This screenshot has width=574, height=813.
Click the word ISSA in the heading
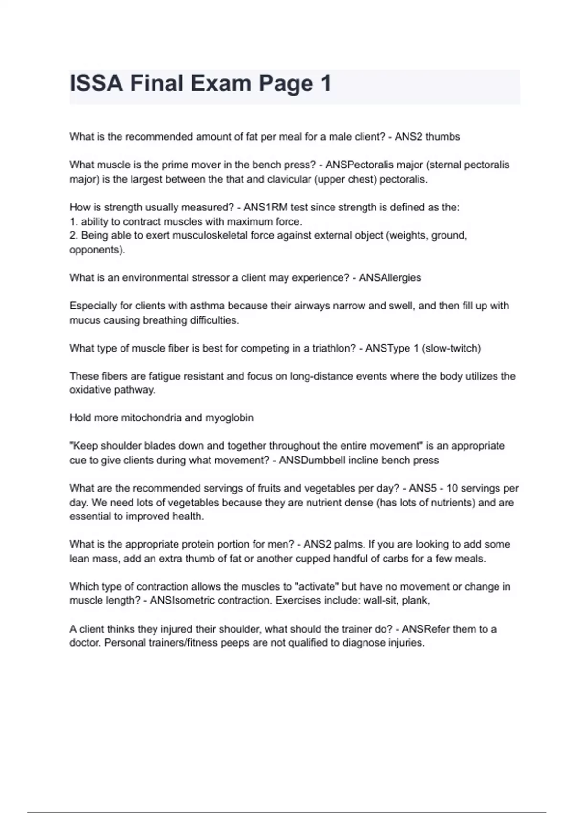[x=96, y=84]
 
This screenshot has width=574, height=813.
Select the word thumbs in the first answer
[x=442, y=137]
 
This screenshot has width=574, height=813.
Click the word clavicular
[x=288, y=179]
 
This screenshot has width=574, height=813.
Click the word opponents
[x=96, y=250]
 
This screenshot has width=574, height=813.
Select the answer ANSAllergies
[x=390, y=278]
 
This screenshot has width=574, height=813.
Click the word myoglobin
[x=229, y=418]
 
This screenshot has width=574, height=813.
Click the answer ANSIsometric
[x=182, y=600]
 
